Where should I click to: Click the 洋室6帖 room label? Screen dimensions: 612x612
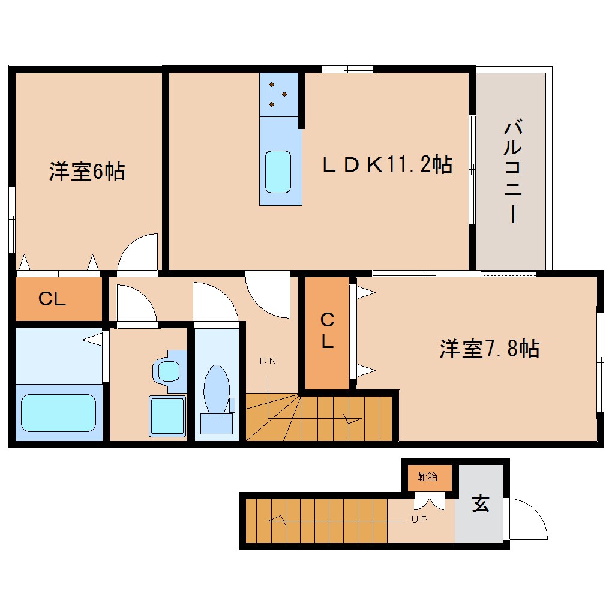tap(87, 172)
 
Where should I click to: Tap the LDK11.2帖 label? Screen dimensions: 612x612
tap(387, 164)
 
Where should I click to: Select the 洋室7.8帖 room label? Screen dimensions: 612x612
tap(489, 349)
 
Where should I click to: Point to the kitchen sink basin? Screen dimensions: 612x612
tap(278, 171)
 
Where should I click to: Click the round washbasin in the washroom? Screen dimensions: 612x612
tap(167, 371)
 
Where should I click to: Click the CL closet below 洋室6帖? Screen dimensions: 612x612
tap(53, 299)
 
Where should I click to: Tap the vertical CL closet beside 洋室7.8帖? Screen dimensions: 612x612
tap(326, 331)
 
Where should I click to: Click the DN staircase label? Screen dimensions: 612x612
tap(268, 361)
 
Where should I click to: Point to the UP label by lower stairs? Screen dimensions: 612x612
tap(419, 520)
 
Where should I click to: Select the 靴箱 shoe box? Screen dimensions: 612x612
tap(428, 478)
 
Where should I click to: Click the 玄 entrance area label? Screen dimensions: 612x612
tap(480, 504)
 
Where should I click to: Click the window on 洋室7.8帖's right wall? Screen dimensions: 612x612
tap(600, 362)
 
